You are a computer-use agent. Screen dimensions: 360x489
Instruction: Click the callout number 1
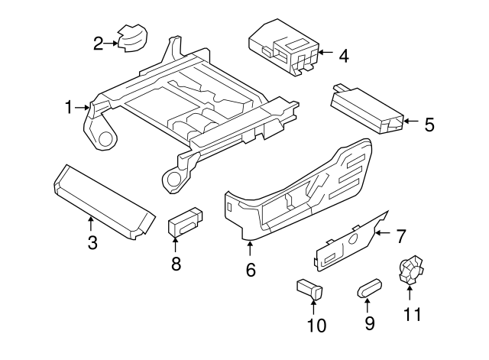69,107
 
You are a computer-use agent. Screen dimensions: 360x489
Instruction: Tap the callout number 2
98,43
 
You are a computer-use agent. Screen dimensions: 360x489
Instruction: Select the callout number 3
92,243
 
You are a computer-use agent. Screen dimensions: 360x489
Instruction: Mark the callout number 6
250,269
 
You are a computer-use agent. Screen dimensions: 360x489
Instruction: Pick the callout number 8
176,264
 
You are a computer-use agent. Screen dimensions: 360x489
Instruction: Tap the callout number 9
370,323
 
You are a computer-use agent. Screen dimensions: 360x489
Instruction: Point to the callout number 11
412,313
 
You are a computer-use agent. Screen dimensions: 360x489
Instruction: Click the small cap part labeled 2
132,36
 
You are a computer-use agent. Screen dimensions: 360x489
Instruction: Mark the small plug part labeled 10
309,290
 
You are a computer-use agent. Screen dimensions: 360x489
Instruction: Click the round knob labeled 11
410,269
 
